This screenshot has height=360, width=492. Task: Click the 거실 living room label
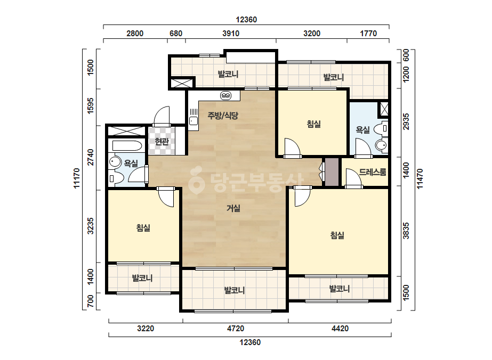click(233, 208)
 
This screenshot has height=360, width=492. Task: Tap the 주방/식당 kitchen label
click(223, 116)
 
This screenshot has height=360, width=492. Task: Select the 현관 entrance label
click(162, 142)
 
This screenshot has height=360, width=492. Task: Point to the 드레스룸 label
click(373, 172)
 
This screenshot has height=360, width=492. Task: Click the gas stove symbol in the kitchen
click(225, 95)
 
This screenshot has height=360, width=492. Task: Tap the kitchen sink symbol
click(193, 117)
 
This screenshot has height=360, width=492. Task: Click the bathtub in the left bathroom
click(127, 146)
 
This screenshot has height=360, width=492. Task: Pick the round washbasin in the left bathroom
click(115, 162)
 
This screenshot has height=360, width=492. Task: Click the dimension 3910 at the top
click(231, 33)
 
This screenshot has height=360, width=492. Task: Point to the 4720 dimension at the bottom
click(235, 329)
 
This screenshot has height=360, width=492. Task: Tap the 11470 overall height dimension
click(420, 179)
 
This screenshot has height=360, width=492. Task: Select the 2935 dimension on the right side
click(406, 121)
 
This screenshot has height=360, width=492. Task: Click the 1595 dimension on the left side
click(91, 106)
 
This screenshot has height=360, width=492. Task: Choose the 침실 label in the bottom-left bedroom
click(143, 227)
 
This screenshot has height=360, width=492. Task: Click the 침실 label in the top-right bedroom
click(314, 124)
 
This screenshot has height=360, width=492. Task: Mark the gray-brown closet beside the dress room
click(332, 172)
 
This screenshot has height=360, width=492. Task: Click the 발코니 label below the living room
click(235, 290)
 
